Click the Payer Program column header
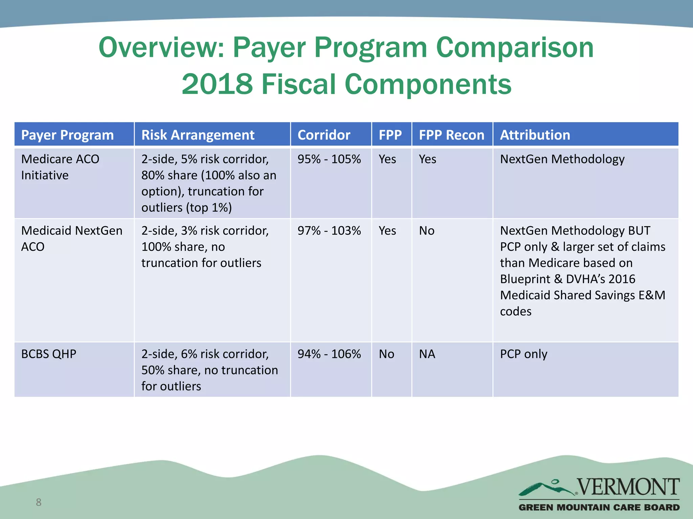(67, 135)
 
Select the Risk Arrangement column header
(198, 135)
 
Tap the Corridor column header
(324, 135)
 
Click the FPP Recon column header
(451, 135)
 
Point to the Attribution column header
(535, 135)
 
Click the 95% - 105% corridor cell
(329, 159)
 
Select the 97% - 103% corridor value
(329, 231)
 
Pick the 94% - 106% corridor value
(329, 354)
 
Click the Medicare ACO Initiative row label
(60, 167)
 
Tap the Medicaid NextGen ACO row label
(71, 239)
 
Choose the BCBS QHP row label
(49, 354)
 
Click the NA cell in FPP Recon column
(427, 354)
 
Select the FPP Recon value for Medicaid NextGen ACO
(426, 231)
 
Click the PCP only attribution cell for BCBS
(523, 354)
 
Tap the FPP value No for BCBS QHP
(386, 354)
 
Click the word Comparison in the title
(515, 48)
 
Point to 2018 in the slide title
(217, 84)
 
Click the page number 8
(39, 502)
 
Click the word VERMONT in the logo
(628, 487)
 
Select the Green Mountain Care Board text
(599, 508)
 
